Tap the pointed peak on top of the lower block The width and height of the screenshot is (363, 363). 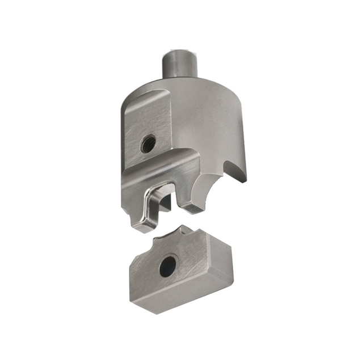click(x=182, y=228)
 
